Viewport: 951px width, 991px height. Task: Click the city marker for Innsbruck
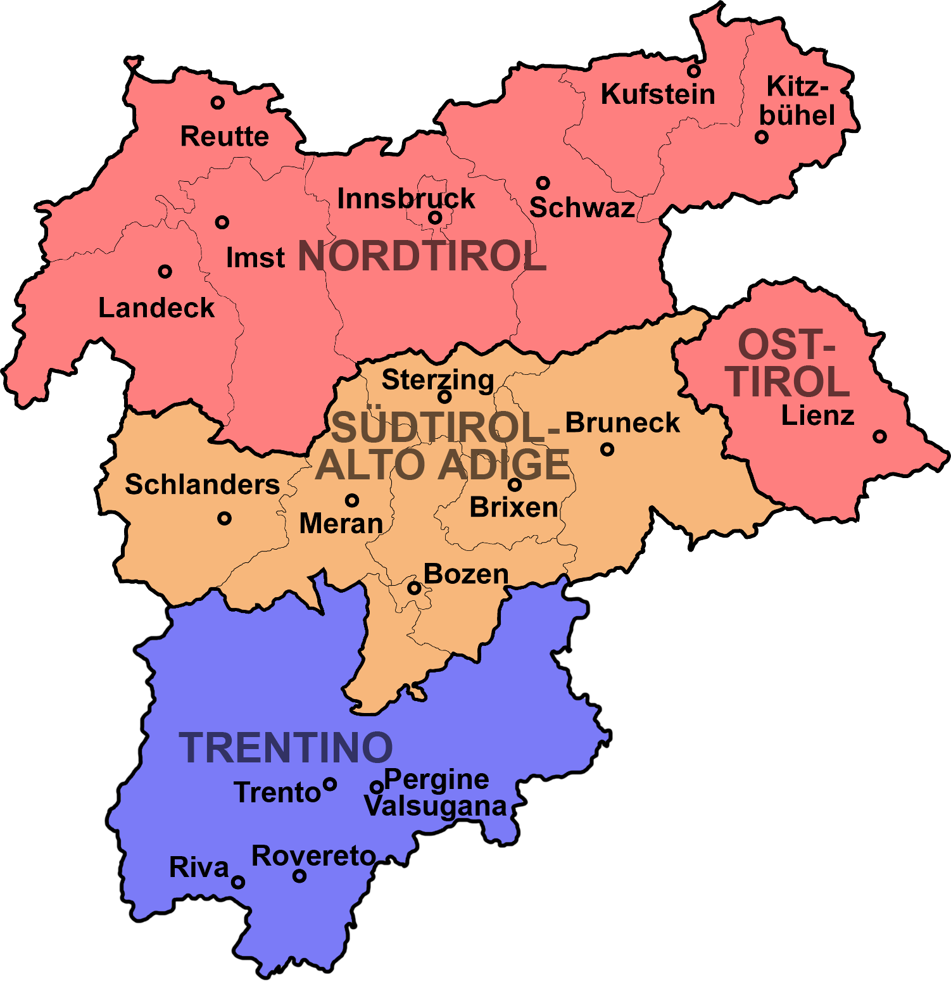[x=435, y=218]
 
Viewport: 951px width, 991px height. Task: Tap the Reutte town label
[x=224, y=136]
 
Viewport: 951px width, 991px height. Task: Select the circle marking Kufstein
[x=694, y=70]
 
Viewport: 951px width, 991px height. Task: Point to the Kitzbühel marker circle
[x=761, y=137]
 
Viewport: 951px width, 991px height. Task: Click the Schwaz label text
[x=582, y=208]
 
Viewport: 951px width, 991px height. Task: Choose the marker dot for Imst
[x=222, y=222]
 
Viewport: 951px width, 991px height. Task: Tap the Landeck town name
[x=156, y=308]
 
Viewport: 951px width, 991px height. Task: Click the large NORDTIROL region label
[x=422, y=256]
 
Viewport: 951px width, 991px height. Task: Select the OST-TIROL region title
[x=788, y=363]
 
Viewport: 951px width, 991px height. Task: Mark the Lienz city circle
[x=879, y=436]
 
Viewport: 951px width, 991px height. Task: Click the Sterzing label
[x=438, y=379]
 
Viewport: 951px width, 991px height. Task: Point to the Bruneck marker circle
[x=607, y=450]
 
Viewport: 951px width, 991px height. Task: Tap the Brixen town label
[x=513, y=507]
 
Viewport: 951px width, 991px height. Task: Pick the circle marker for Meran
[x=352, y=500]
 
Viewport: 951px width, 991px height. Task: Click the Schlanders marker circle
[x=224, y=519]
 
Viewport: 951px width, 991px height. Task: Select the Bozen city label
[x=466, y=574]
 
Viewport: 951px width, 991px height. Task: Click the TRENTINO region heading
[x=286, y=748]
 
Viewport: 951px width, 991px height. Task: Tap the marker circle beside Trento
[x=330, y=784]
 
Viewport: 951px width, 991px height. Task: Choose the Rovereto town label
[x=313, y=856]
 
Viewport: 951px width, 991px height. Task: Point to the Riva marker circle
[x=237, y=882]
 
